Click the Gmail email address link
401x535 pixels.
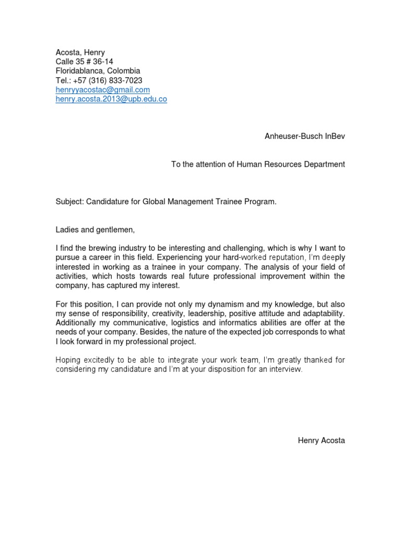[103, 90]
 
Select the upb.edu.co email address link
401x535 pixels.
[111, 99]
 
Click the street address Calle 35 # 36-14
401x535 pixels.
[85, 62]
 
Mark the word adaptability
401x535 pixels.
[323, 313]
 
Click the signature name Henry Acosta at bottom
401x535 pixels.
[321, 441]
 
